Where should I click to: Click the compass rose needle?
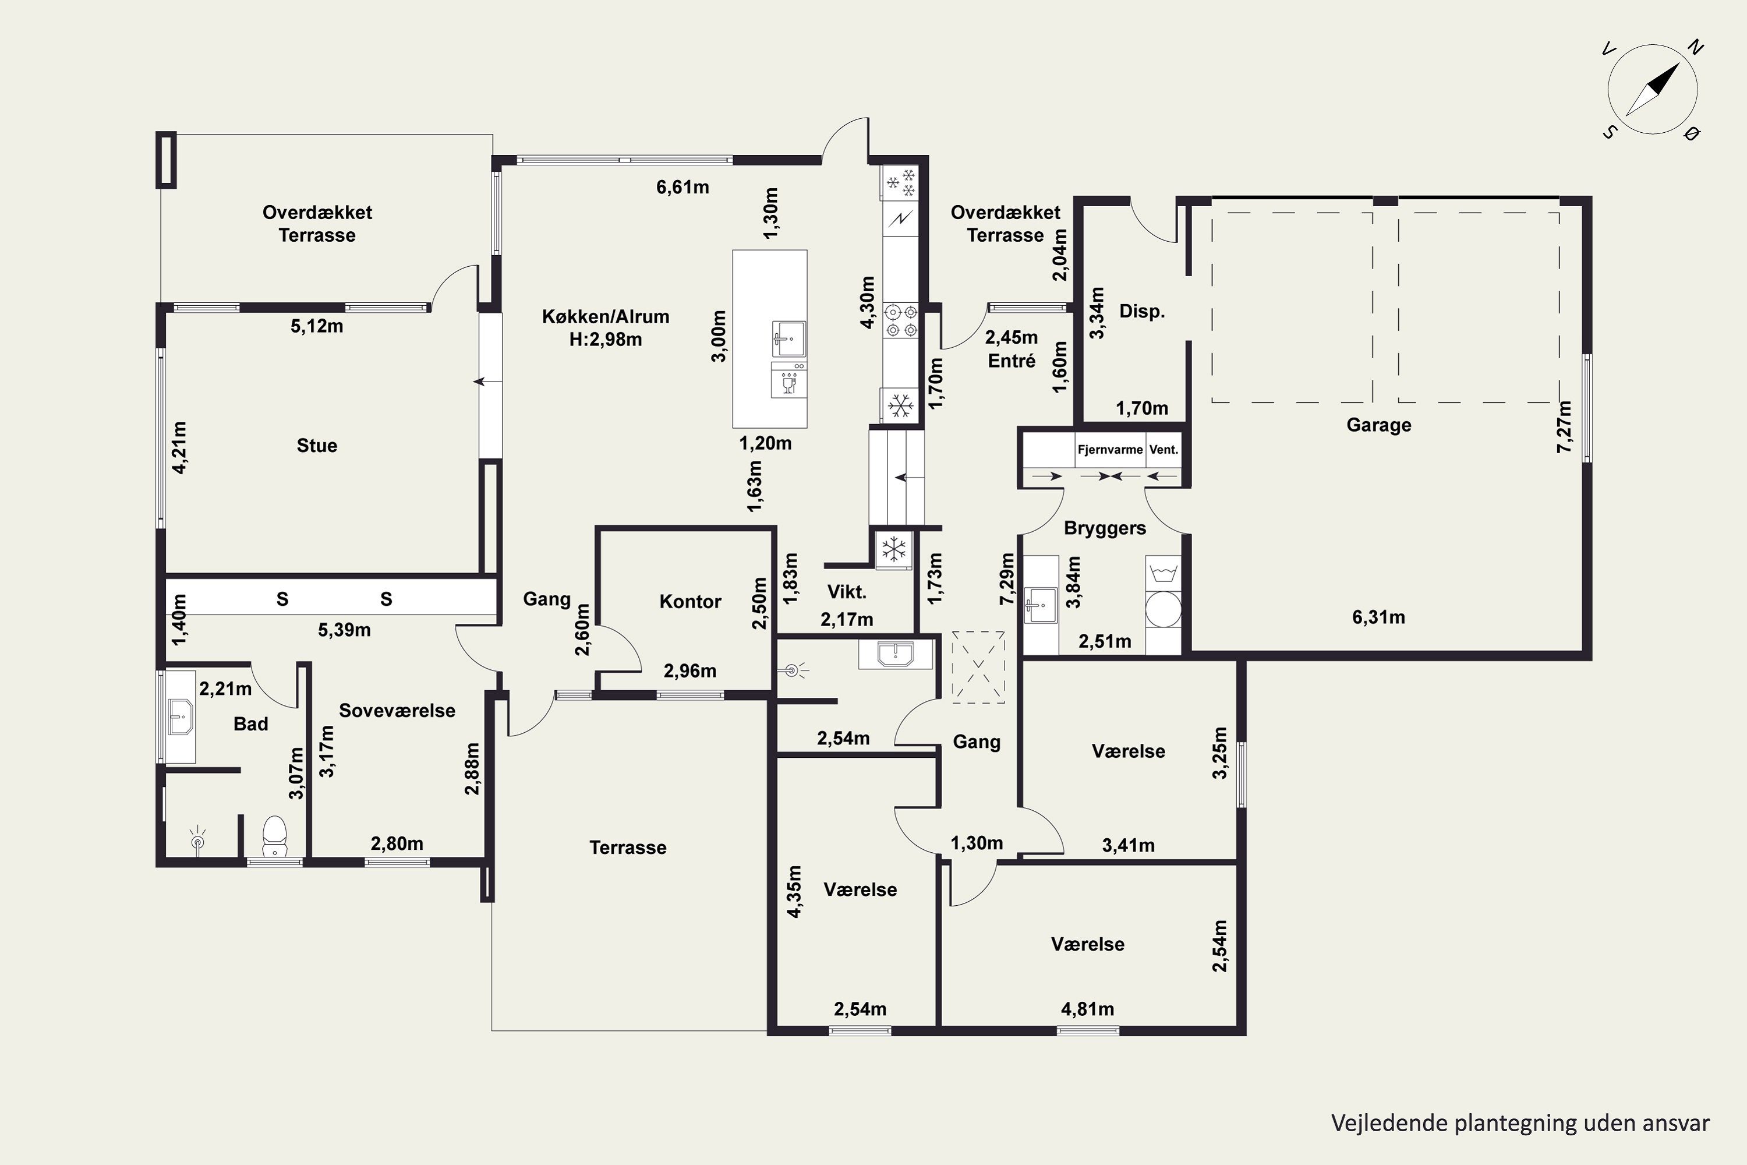(x=1653, y=89)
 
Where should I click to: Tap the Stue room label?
(x=317, y=446)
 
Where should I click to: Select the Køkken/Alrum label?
(x=606, y=316)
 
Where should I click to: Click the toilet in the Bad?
(x=275, y=836)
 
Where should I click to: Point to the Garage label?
(x=1378, y=425)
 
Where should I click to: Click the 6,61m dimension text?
(x=682, y=187)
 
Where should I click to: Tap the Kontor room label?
(x=690, y=602)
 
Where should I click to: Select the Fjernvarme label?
(x=1110, y=450)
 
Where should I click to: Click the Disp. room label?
(x=1141, y=311)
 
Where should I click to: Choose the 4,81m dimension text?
(x=1087, y=1009)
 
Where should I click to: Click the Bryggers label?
(x=1105, y=528)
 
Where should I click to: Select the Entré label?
(x=1012, y=361)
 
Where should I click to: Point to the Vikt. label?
(x=847, y=592)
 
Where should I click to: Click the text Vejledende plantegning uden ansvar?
(x=1520, y=1122)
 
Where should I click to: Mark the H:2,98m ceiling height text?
(x=606, y=340)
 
